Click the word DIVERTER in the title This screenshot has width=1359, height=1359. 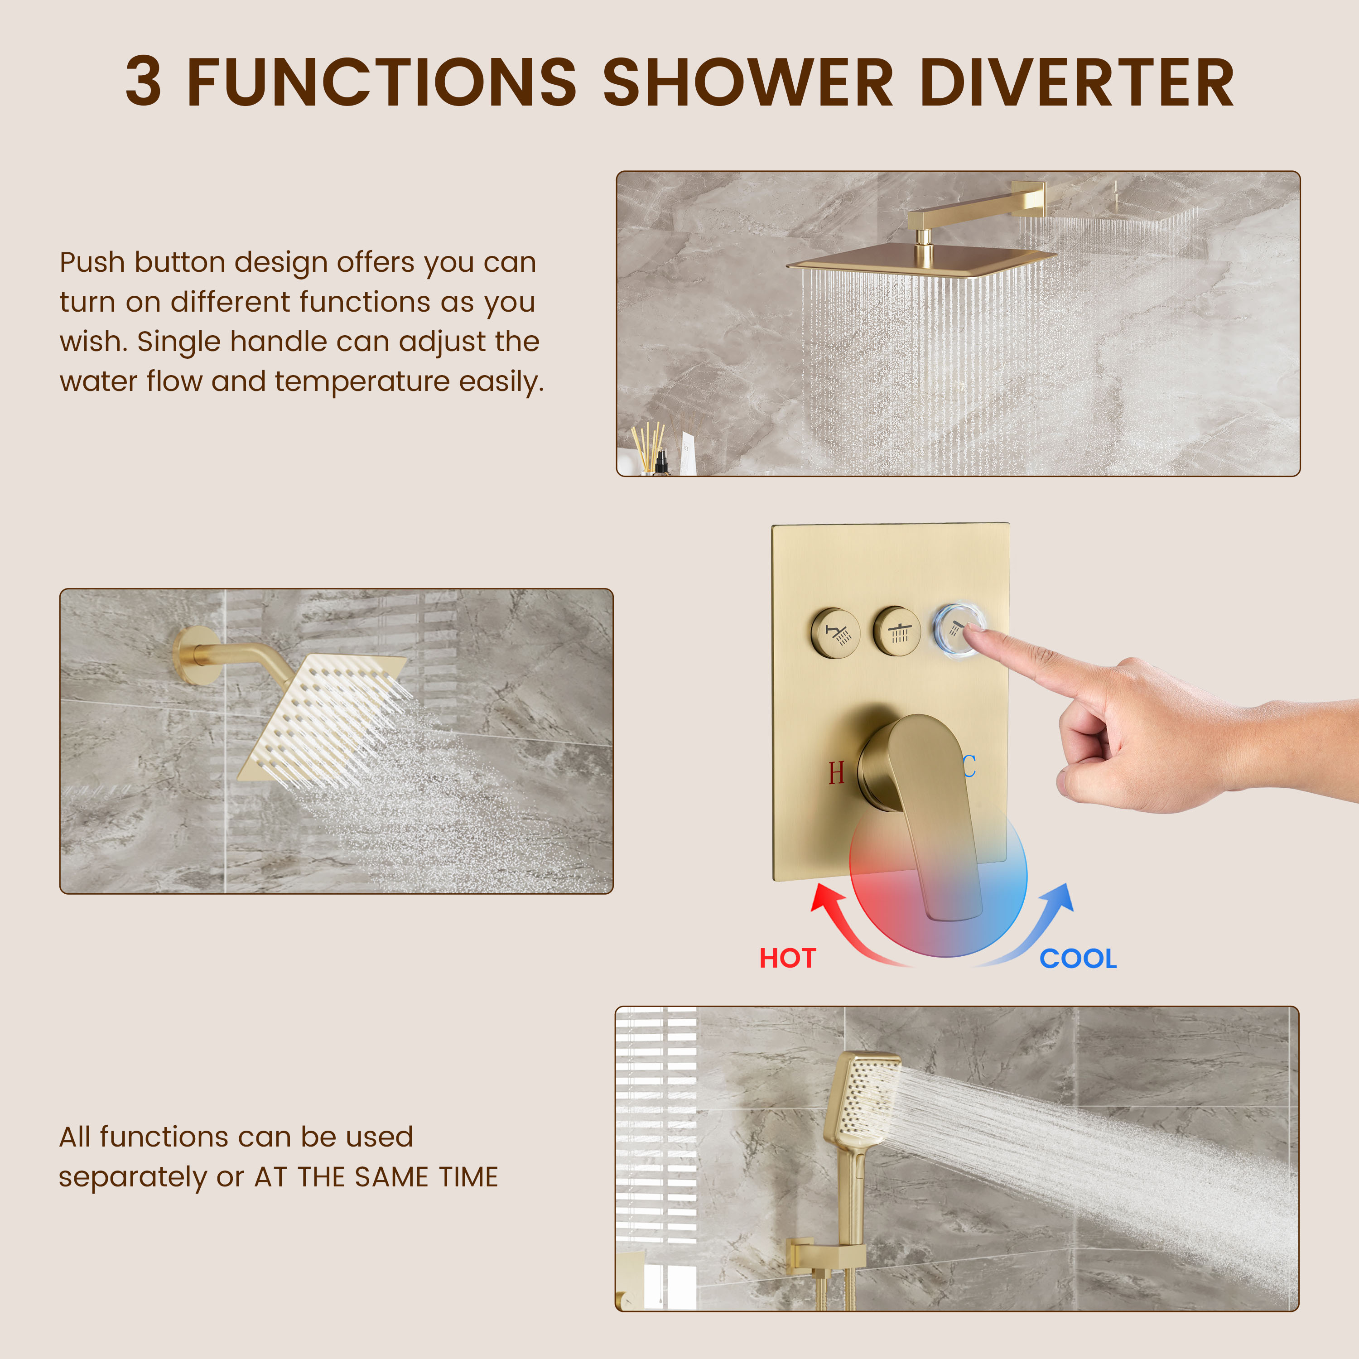[1076, 83]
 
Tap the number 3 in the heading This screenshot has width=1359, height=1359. [144, 83]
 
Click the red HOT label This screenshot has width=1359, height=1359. [787, 959]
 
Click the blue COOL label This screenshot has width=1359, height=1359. [1078, 959]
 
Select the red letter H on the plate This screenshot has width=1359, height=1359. [836, 773]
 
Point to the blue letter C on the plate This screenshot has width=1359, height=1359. [969, 766]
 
